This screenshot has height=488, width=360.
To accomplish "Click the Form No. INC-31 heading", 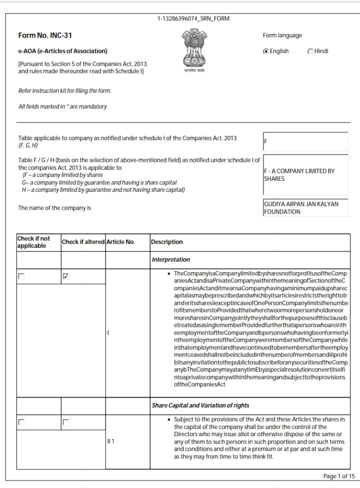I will click(41, 35).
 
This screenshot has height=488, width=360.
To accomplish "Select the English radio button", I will click(266, 51).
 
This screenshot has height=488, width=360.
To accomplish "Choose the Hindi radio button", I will click(310, 51).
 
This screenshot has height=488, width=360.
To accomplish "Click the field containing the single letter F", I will click(305, 141).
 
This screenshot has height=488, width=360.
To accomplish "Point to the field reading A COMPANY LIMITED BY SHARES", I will click(305, 175).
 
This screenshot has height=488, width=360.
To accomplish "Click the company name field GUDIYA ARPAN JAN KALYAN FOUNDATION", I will click(305, 208).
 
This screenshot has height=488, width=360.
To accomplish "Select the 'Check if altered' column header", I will click(83, 242).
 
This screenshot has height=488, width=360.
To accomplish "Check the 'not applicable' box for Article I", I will click(21, 276).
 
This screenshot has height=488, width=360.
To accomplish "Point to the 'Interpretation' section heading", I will click(171, 260).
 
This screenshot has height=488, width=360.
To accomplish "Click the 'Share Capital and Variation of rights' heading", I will click(200, 405).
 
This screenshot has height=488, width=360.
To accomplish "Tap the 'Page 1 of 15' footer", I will click(339, 476).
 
